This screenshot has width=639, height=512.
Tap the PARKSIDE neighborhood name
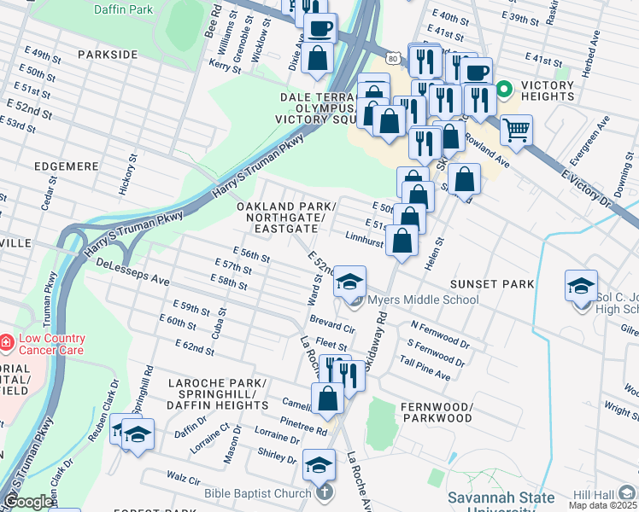108,54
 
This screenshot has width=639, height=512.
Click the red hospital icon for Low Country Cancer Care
8,342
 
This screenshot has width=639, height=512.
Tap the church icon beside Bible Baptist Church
324,492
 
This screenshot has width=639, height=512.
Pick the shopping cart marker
516,131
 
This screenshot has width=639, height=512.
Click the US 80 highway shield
391,56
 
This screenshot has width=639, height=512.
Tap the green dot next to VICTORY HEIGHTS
504,87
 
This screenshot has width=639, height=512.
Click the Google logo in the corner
28,502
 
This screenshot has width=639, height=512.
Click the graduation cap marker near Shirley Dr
319,466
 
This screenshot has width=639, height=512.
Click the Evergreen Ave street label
581,137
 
